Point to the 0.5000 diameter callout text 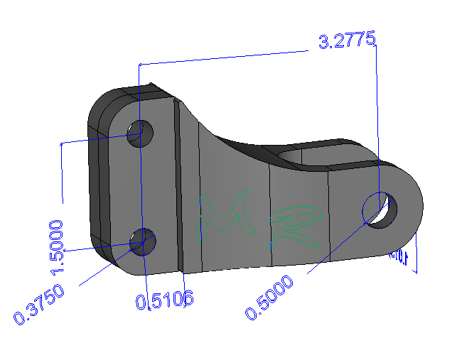tap(269, 298)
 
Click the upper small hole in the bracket tap(139, 133)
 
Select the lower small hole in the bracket tap(144, 241)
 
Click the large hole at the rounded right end tap(380, 210)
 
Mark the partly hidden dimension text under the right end tap(399, 257)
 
